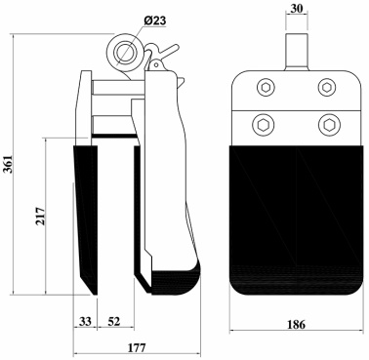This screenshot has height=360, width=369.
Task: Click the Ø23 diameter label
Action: coord(154,20)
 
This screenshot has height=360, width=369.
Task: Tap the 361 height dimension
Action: coord(8,164)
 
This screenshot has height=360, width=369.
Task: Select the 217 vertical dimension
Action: coord(40,216)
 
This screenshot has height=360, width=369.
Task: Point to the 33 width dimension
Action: coord(85,322)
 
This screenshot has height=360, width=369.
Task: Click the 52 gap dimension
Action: coord(114,322)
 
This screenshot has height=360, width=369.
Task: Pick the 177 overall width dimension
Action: coord(137,347)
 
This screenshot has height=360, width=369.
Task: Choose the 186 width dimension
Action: coord(296,324)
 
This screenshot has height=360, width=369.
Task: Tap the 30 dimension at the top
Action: coord(297,9)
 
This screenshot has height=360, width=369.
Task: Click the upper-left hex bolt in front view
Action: coord(266,88)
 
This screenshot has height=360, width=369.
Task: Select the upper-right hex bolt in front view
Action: coord(327,87)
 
